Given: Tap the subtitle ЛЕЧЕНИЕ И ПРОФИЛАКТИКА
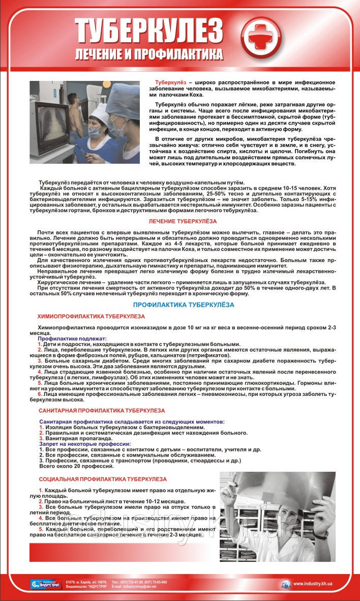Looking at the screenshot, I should click(149, 53).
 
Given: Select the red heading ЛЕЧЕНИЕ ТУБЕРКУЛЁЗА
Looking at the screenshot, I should click(183, 222).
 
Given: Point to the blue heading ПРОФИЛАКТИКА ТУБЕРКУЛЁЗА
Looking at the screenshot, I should click(183, 304).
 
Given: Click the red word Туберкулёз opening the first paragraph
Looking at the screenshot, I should click(170, 82).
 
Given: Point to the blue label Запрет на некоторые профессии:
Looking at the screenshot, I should click(85, 444).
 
